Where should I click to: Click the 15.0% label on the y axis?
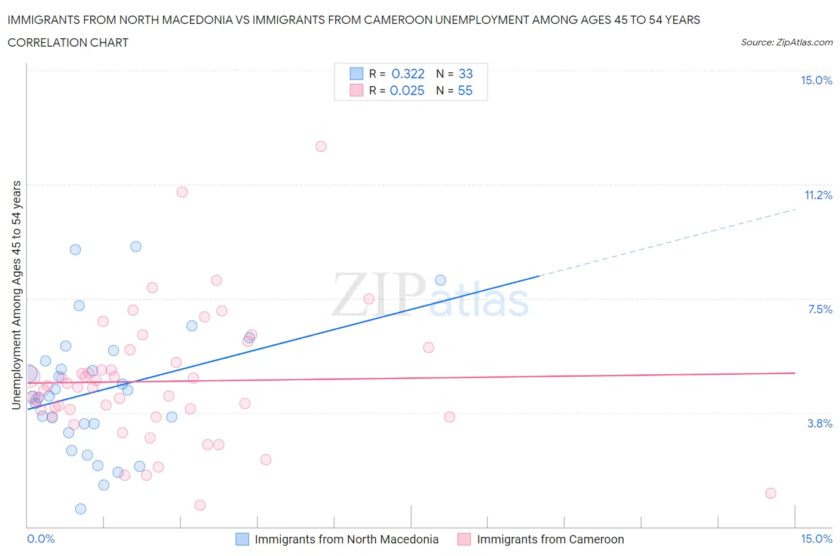[816, 81]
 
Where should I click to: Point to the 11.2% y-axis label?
[818, 195]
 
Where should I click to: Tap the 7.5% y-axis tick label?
[820, 310]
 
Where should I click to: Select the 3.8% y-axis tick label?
[820, 424]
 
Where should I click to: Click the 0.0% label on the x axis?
[41, 539]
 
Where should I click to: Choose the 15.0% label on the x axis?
[816, 539]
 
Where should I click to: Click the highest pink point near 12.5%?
[321, 146]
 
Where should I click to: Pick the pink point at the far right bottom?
[770, 493]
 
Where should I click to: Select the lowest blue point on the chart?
[81, 509]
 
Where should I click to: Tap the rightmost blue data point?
[440, 280]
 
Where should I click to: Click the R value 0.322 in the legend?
[407, 74]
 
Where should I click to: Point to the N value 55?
[465, 91]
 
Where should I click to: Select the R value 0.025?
[407, 91]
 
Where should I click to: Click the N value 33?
[465, 74]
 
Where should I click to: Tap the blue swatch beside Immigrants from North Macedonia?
[242, 539]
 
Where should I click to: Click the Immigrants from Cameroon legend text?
[550, 539]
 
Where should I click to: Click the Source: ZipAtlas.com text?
[786, 42]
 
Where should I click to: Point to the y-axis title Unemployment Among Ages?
[17, 295]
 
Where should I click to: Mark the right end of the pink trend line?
[795, 373]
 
